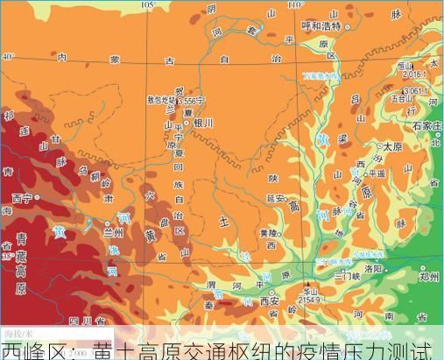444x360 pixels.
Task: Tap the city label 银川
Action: [203, 124]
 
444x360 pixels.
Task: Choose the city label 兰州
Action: [114, 233]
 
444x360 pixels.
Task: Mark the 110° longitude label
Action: [293, 4]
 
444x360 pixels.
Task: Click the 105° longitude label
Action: [146, 4]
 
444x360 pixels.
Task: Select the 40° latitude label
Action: [8, 57]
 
